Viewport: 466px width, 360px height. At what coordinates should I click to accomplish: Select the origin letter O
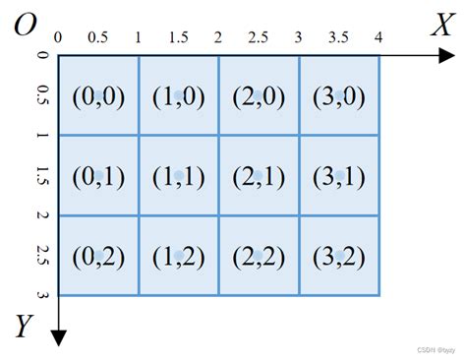[24, 24]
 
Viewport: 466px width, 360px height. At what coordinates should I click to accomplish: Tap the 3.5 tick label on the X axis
[338, 37]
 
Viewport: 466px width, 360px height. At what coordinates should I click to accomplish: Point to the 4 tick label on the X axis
[378, 37]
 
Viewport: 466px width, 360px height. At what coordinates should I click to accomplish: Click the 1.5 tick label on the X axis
[178, 37]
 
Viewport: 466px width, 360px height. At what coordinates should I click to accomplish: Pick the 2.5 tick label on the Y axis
[42, 255]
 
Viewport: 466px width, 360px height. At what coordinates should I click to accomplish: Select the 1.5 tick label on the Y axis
[42, 175]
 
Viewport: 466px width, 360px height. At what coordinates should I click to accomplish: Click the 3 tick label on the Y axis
[42, 294]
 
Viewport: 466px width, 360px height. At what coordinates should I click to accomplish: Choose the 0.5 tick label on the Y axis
[42, 95]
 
